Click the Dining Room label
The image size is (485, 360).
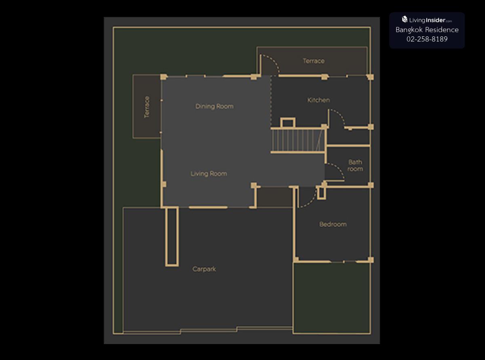(214, 106)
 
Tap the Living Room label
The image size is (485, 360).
(209, 174)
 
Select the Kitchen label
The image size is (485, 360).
(318, 100)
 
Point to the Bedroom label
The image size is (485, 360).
(333, 224)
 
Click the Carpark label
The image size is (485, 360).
(204, 269)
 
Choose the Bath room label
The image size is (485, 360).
(355, 165)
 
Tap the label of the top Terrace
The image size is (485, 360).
(314, 61)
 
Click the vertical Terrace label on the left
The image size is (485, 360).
(147, 107)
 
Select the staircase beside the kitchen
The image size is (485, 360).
(298, 140)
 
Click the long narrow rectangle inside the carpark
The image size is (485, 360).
(172, 237)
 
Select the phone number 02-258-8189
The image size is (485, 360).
(427, 39)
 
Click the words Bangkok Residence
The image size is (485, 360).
(427, 30)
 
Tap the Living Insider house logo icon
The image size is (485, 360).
(405, 19)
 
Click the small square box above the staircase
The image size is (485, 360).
(288, 123)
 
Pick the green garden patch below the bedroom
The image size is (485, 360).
(332, 298)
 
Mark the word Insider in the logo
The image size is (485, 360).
(436, 20)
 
